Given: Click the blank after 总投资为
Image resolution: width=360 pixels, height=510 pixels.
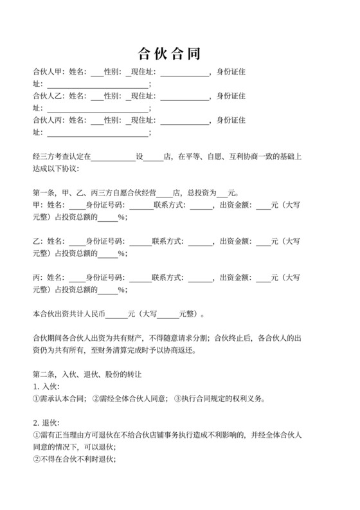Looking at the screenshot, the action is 222,193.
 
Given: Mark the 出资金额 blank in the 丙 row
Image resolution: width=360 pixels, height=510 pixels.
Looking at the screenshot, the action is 263,278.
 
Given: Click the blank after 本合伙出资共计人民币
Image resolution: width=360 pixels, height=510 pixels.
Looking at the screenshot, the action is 116,315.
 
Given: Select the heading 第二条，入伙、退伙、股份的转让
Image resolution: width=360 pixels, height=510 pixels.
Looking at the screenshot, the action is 87,374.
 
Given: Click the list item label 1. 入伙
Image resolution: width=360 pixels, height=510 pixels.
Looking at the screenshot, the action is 46,387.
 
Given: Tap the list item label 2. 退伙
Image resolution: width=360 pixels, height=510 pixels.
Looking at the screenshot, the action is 46,423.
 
